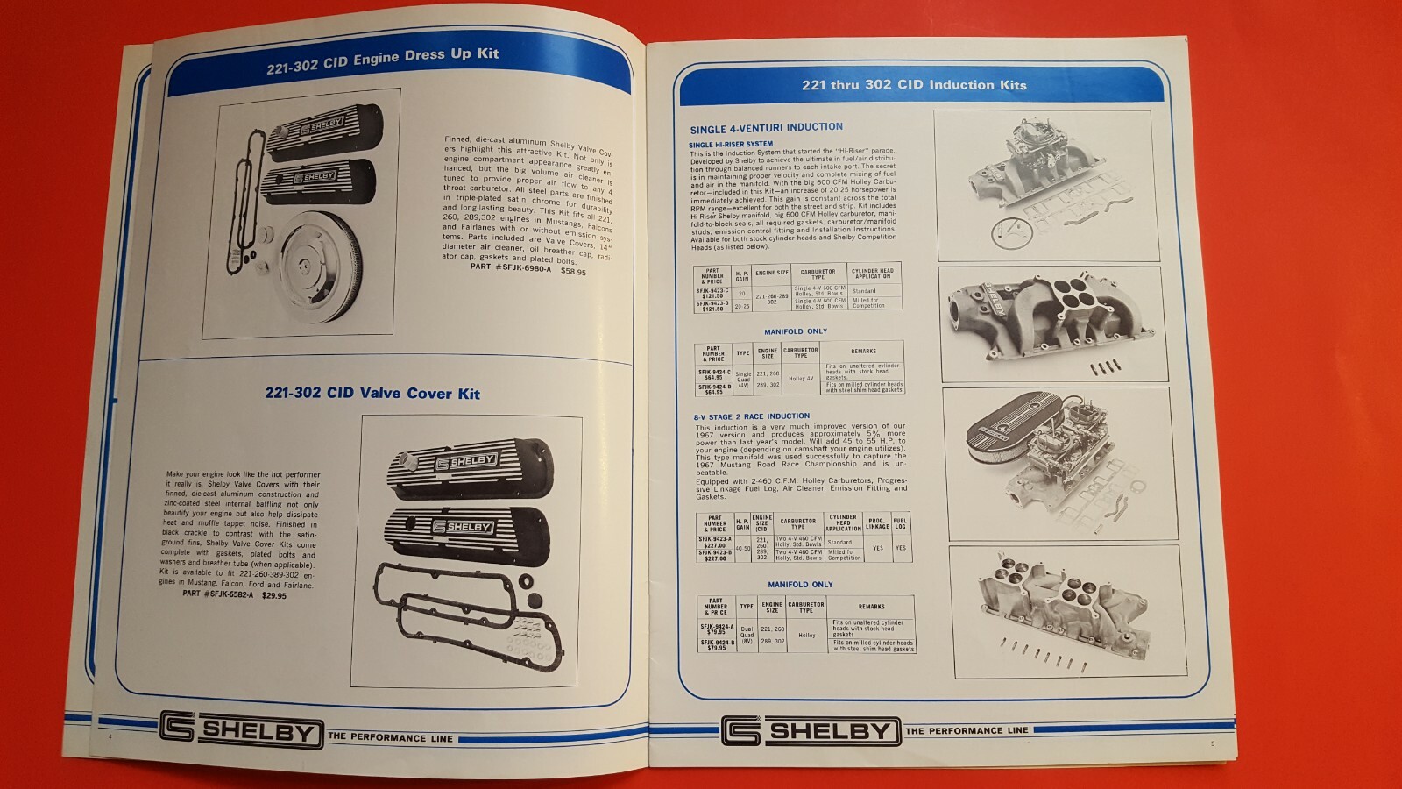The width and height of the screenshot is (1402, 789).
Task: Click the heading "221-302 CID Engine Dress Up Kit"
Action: pos(382,60)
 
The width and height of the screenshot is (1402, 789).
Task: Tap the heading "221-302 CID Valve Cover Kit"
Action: pos(372,394)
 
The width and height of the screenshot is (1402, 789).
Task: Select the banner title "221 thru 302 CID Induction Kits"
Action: pos(914,85)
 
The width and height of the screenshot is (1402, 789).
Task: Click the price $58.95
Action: pos(573,272)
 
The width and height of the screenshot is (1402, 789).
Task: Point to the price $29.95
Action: pos(273,595)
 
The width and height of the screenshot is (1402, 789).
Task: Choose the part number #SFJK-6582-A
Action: pos(218,594)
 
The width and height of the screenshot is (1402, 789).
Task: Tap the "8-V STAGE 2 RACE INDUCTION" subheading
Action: pos(752,416)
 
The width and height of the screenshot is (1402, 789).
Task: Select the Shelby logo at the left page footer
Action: pos(241,730)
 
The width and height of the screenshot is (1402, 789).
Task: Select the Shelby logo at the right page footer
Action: pos(811,730)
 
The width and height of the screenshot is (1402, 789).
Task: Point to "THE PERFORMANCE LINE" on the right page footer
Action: pos(967,730)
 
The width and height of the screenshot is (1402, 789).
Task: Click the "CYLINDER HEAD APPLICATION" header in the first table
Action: pos(873,274)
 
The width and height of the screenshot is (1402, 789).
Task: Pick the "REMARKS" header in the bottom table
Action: pos(871,607)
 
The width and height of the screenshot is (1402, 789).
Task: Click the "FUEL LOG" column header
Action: pos(900,523)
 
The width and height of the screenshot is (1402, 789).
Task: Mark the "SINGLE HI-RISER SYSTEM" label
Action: pos(731,144)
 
